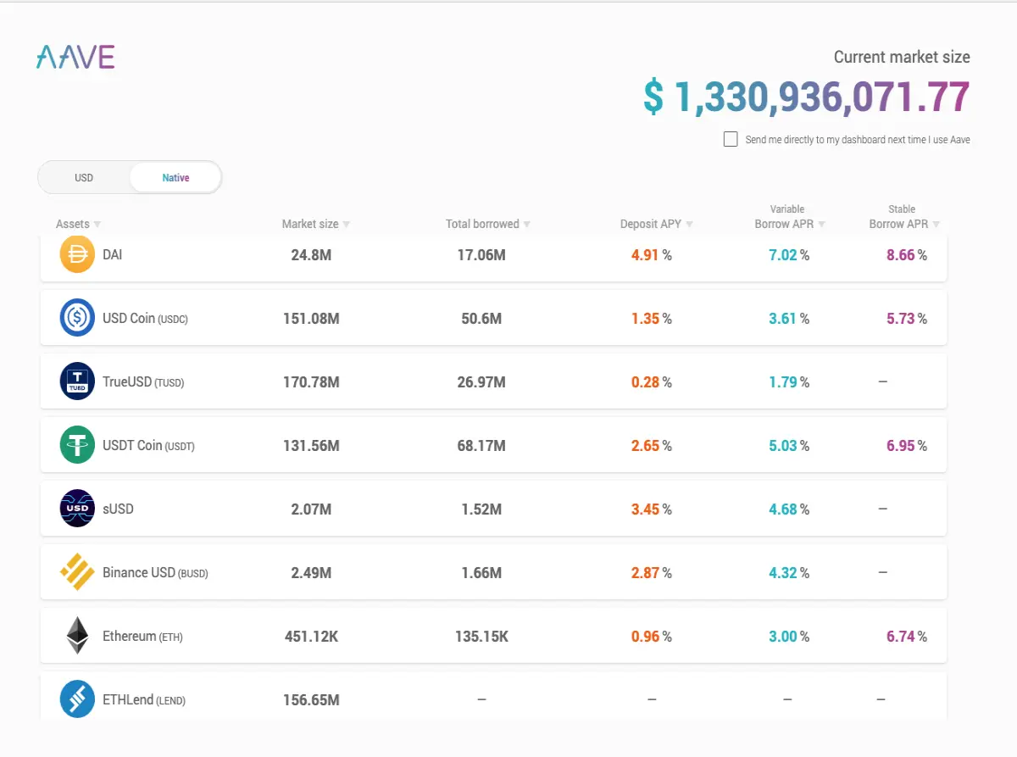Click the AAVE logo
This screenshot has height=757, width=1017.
click(x=75, y=57)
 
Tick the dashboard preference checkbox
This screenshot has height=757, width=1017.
click(x=731, y=139)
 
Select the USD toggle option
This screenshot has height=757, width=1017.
click(x=84, y=177)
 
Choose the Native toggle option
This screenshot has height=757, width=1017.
click(x=175, y=177)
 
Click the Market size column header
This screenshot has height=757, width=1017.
click(x=310, y=224)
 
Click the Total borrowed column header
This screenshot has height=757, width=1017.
click(x=482, y=224)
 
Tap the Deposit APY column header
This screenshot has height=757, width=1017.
click(x=651, y=224)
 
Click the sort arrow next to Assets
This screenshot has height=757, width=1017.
click(x=97, y=225)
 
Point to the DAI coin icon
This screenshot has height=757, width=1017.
click(x=77, y=254)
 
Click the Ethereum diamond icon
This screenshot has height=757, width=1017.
click(x=77, y=635)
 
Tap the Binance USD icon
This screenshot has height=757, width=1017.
click(x=77, y=571)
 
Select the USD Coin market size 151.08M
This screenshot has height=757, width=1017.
click(x=311, y=319)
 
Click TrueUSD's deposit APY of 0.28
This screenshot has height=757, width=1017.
click(x=645, y=381)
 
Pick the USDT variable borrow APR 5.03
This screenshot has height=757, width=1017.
click(x=783, y=446)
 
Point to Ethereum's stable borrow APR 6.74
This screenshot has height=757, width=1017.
click(x=901, y=637)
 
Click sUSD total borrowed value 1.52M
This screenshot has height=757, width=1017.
click(x=481, y=509)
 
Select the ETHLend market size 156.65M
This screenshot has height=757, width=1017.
click(x=311, y=700)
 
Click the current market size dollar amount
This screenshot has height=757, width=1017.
click(x=807, y=97)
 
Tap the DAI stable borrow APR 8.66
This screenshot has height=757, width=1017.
click(x=901, y=254)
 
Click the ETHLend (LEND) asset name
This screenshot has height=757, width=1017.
click(x=144, y=700)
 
